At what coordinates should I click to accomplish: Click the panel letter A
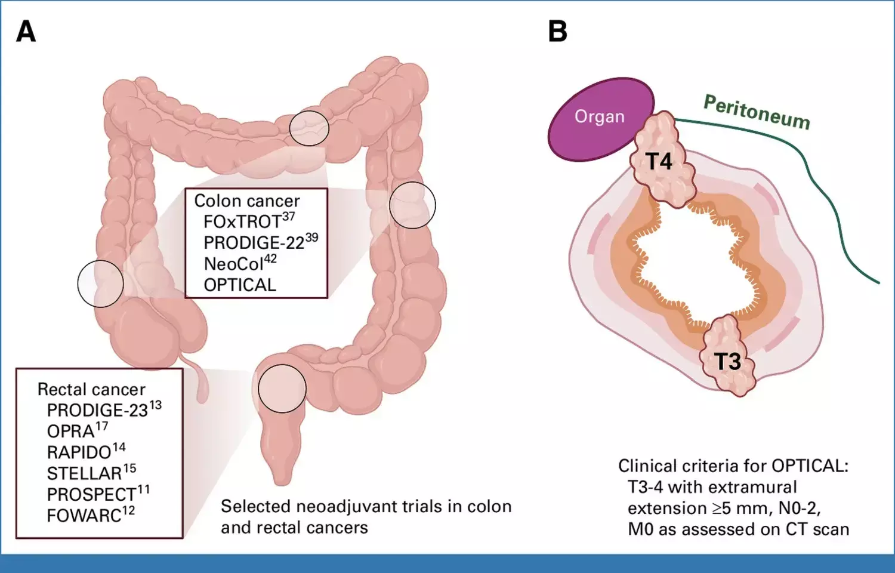[26, 32]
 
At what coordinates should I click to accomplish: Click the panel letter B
[557, 32]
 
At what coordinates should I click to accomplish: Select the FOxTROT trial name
[242, 222]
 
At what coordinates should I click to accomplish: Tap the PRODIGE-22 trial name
[254, 243]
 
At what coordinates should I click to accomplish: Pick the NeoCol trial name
[233, 264]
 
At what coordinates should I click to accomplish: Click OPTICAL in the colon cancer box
[240, 285]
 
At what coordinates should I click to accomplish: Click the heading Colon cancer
[247, 201]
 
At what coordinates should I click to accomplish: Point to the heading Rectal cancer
[91, 390]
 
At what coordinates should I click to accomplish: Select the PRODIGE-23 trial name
[97, 411]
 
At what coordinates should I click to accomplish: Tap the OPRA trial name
[70, 432]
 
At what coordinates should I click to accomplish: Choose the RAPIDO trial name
[79, 452]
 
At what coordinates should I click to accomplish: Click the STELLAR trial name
[84, 473]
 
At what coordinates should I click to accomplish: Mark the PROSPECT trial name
[91, 495]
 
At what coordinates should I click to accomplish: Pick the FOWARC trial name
[84, 516]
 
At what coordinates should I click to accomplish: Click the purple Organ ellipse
[600, 118]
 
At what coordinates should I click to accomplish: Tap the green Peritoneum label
[757, 112]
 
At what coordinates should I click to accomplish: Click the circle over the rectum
[282, 389]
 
